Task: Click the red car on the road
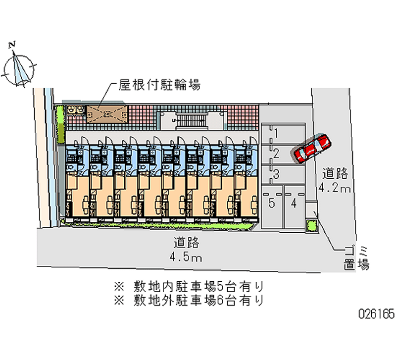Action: point(312,148)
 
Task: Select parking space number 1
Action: point(282,133)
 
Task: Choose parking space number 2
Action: point(282,154)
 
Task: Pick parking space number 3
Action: point(282,173)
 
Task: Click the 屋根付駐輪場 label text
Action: point(159,85)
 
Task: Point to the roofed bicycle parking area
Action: point(106,114)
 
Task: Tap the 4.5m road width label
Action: point(185,257)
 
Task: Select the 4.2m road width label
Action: point(335,188)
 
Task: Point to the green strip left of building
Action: point(61,121)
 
